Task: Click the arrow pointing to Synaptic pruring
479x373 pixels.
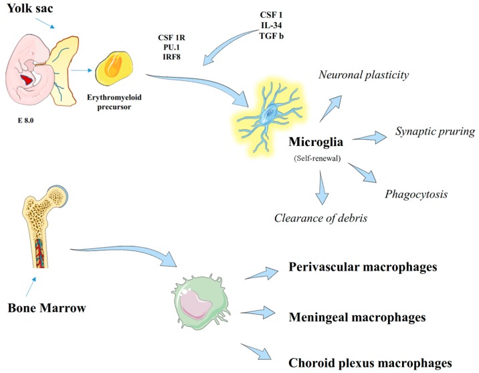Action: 369,137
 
